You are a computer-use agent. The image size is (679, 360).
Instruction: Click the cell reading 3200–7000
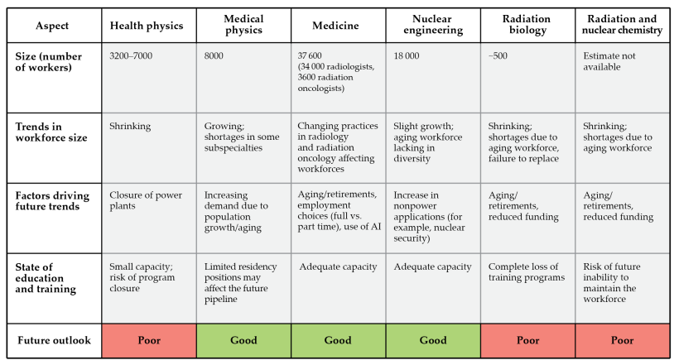149,78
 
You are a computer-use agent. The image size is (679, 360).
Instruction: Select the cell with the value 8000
243,78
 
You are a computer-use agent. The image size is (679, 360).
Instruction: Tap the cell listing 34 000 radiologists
338,78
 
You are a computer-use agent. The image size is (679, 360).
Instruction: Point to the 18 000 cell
433,78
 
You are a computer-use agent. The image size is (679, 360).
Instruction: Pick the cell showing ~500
527,78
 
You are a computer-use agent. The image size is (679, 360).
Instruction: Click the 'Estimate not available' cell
622,78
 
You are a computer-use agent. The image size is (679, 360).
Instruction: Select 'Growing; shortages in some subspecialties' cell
243,147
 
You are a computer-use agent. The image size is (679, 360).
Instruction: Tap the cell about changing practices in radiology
338,147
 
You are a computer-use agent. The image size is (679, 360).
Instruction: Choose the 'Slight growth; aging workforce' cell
433,147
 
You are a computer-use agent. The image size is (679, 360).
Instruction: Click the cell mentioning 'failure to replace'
527,147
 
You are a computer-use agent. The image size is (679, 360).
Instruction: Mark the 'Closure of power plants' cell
149,218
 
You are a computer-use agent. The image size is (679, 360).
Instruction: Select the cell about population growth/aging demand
243,218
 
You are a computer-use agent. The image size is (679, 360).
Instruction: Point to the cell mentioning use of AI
338,218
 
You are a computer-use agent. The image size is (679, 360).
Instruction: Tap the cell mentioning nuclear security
433,218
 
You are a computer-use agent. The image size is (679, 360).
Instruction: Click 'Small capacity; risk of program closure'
149,288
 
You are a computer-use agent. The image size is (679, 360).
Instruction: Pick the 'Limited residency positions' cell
243,288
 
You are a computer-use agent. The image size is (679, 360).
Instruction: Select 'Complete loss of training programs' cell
527,288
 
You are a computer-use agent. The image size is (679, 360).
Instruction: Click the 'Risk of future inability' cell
622,288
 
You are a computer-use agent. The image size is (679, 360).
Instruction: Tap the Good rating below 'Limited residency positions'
243,340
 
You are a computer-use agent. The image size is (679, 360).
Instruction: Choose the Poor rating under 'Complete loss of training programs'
527,340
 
